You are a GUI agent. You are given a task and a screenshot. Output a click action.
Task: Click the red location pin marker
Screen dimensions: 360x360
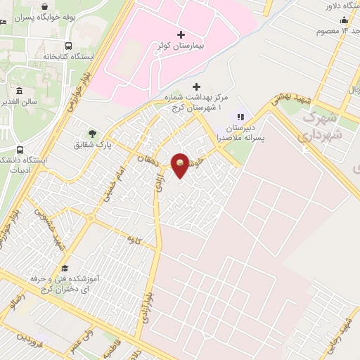click(x=181, y=165)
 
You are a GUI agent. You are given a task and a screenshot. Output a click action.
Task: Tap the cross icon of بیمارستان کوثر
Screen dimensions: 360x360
click(x=181, y=34)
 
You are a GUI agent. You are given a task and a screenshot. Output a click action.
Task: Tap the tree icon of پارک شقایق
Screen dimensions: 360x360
click(x=91, y=133)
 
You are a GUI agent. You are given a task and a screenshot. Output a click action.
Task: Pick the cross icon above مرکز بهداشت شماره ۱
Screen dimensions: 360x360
click(x=196, y=86)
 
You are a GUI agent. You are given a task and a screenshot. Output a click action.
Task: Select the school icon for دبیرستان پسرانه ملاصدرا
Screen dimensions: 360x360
click(x=241, y=116)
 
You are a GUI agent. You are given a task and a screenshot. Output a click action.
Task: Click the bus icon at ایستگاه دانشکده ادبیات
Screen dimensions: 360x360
click(x=19, y=150)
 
